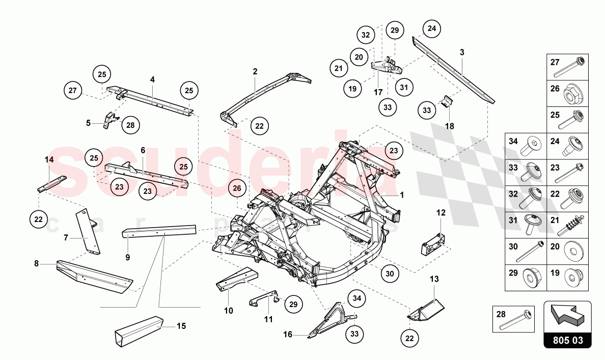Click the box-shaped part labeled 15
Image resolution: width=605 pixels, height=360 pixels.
(x=137, y=329)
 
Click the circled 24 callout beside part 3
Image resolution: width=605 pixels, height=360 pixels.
(x=431, y=29)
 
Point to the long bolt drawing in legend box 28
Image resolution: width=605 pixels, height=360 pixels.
(x=516, y=319)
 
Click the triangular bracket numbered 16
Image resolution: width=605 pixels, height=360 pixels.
(x=331, y=318)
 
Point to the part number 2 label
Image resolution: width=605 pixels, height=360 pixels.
(x=255, y=72)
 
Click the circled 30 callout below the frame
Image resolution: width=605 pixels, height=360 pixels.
(x=390, y=273)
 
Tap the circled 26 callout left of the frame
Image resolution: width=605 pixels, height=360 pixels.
(x=237, y=188)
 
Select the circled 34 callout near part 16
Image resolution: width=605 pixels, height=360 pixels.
(x=356, y=298)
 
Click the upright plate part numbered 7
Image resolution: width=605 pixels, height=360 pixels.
(x=87, y=232)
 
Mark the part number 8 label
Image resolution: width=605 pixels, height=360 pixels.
(x=36, y=263)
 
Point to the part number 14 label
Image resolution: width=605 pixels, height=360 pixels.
(x=49, y=159)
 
